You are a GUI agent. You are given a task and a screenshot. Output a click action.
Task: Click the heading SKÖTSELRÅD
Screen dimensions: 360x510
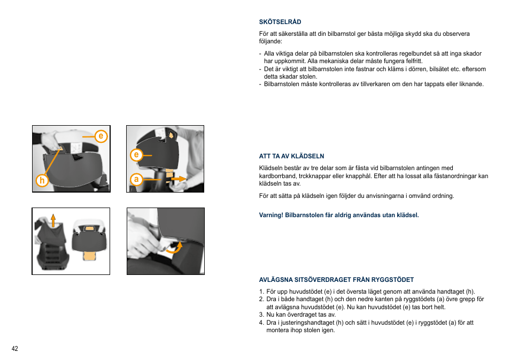pyautogui.click(x=280, y=22)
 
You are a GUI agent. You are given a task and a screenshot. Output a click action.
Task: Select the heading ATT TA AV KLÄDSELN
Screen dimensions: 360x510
pyautogui.click(x=291, y=156)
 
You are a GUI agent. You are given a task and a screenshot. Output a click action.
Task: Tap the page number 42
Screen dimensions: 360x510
pyautogui.click(x=14, y=349)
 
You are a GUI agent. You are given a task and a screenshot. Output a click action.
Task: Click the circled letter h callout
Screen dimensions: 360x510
pyautogui.click(x=41, y=181)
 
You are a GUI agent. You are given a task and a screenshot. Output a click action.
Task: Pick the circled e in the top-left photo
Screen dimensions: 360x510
pyautogui.click(x=101, y=136)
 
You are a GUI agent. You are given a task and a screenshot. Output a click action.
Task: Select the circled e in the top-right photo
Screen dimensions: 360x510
pyautogui.click(x=137, y=155)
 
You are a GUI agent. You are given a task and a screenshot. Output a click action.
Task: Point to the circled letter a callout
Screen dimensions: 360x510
pyautogui.click(x=137, y=180)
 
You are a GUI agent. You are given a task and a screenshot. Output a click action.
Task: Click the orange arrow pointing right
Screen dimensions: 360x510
pyautogui.click(x=179, y=178)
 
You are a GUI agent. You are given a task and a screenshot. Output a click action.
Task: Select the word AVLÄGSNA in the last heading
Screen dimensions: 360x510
pyautogui.click(x=274, y=279)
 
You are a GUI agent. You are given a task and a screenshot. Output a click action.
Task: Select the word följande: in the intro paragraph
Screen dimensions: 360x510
pyautogui.click(x=271, y=41)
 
